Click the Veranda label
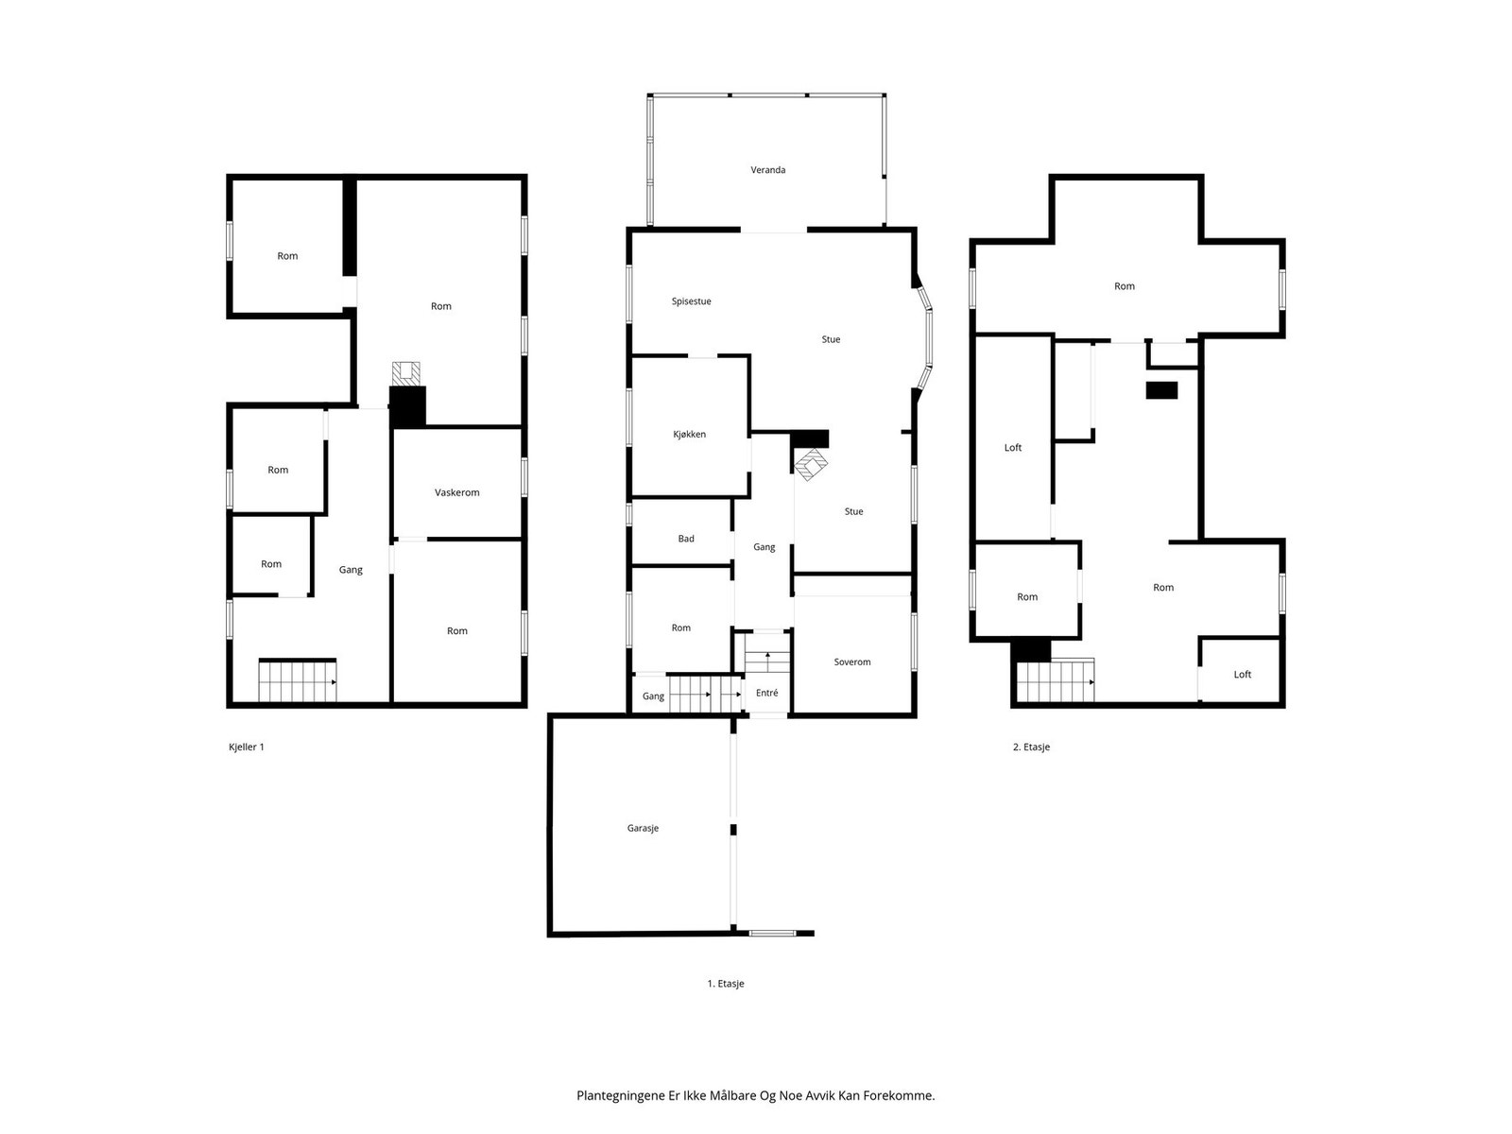click(767, 170)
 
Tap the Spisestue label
click(691, 301)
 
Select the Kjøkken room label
click(689, 435)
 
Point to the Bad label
click(685, 539)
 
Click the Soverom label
click(852, 662)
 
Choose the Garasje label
click(643, 829)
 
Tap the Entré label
click(766, 693)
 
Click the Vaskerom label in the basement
click(456, 493)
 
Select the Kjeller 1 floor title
click(246, 747)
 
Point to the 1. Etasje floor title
click(726, 984)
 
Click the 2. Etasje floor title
click(1031, 747)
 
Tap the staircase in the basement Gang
click(298, 681)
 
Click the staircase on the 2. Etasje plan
click(1056, 681)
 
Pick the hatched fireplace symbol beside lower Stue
click(812, 465)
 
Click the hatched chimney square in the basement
click(405, 374)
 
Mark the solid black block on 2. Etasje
click(1161, 390)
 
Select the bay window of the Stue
click(925, 337)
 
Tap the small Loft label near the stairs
click(1242, 675)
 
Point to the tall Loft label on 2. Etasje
click(1013, 448)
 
